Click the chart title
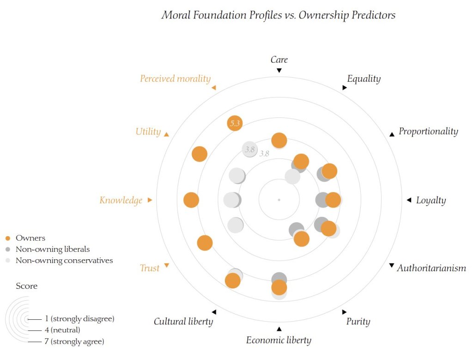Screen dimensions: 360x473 (x=278, y=15)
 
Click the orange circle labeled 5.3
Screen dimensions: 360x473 (x=235, y=123)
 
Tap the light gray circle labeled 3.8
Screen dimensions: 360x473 (x=249, y=149)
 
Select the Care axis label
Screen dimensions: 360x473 (x=279, y=60)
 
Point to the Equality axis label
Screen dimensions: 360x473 (x=364, y=79)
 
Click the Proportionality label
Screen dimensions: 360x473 (x=428, y=131)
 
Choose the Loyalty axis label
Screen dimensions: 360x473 (x=431, y=200)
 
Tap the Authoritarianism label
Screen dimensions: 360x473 (x=431, y=268)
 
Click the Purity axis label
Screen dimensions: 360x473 (x=358, y=321)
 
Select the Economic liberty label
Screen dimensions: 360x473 (x=279, y=341)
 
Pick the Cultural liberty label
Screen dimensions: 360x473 (x=183, y=321)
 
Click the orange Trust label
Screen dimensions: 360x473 (x=150, y=268)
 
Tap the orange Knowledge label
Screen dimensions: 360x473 (x=121, y=200)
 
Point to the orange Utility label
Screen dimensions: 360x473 (x=148, y=132)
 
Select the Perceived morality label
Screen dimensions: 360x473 (x=175, y=79)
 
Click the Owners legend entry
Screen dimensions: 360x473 (x=30, y=238)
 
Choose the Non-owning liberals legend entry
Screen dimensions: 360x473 (x=53, y=249)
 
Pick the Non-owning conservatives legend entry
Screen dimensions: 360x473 (x=64, y=260)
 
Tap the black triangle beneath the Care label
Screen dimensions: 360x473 (x=279, y=70)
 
